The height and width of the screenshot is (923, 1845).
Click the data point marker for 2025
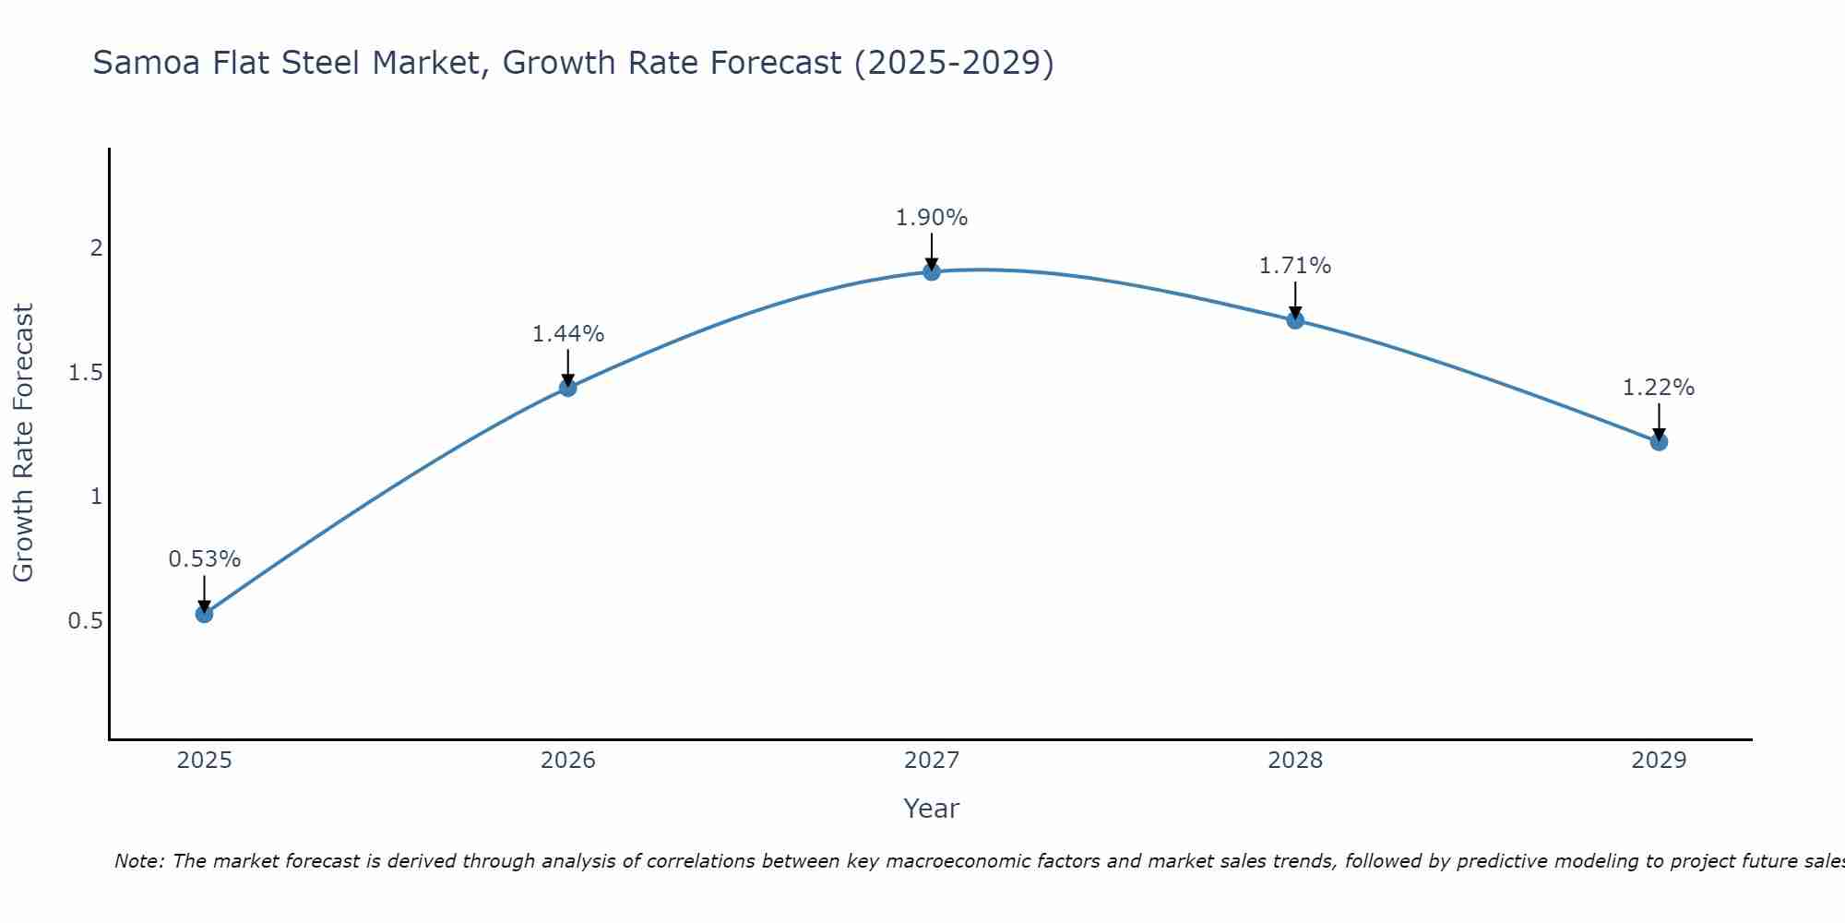[x=205, y=614]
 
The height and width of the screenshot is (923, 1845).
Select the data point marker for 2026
[x=568, y=388]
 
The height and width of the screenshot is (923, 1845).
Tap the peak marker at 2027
[x=932, y=271]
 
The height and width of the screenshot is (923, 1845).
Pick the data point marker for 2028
[x=1295, y=320]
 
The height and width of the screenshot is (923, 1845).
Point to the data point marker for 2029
[x=1659, y=442]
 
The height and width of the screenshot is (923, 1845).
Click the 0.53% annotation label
[x=205, y=559]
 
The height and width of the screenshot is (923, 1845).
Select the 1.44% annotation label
[x=568, y=334]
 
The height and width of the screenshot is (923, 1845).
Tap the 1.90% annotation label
[x=932, y=218]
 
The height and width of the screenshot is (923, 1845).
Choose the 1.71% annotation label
[x=1295, y=266]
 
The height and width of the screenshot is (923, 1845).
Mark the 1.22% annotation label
[x=1659, y=388]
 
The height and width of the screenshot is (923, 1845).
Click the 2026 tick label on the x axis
[x=568, y=761]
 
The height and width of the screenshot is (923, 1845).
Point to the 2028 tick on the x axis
[x=1295, y=761]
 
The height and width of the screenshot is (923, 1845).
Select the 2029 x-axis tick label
[x=1659, y=761]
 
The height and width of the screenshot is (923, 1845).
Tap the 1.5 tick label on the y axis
[x=85, y=373]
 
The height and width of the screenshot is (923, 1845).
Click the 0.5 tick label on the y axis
[x=85, y=621]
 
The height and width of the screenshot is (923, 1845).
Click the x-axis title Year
[x=932, y=809]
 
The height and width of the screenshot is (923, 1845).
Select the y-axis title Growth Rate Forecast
[x=24, y=443]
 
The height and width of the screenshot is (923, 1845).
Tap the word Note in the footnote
[x=138, y=861]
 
